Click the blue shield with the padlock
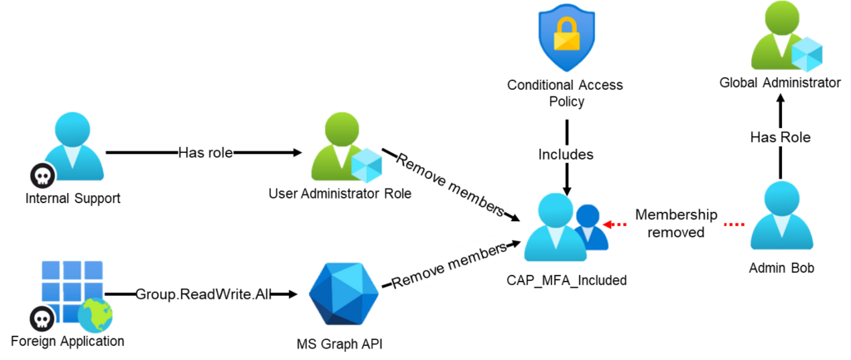coord(564,37)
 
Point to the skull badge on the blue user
coord(42,175)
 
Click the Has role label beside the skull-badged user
coord(205,153)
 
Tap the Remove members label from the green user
coord(449,183)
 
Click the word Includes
coord(566,154)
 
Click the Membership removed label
coord(676,224)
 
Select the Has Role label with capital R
coord(780,136)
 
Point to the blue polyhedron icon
coord(344,292)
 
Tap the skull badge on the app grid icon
coord(42,318)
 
